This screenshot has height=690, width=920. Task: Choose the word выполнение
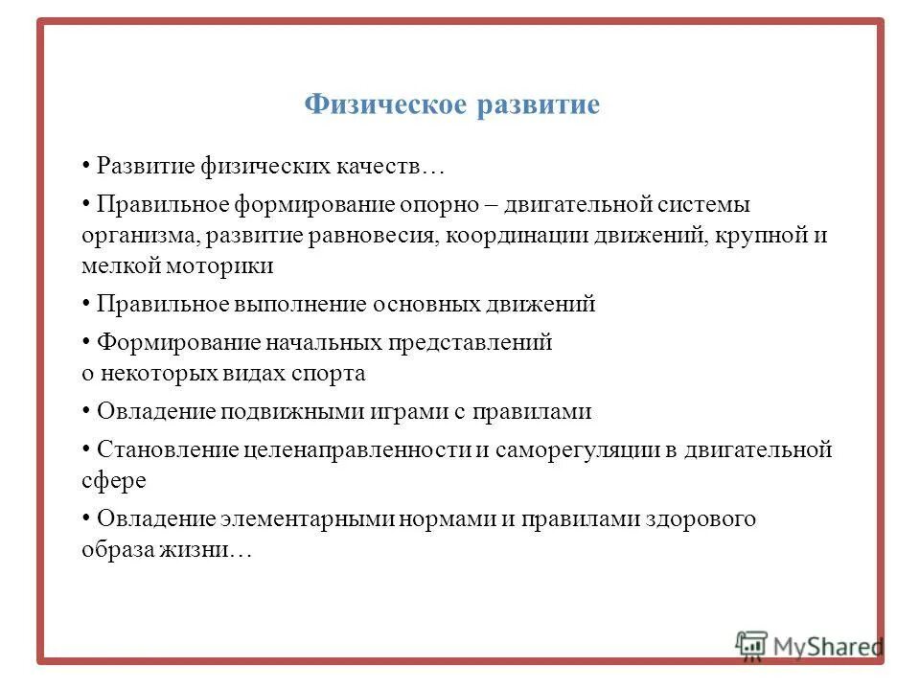pyautogui.click(x=297, y=305)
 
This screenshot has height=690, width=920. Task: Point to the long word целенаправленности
pyautogui.click(x=356, y=450)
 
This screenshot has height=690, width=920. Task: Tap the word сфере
pyautogui.click(x=114, y=481)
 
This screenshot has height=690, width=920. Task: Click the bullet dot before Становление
pyautogui.click(x=86, y=448)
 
